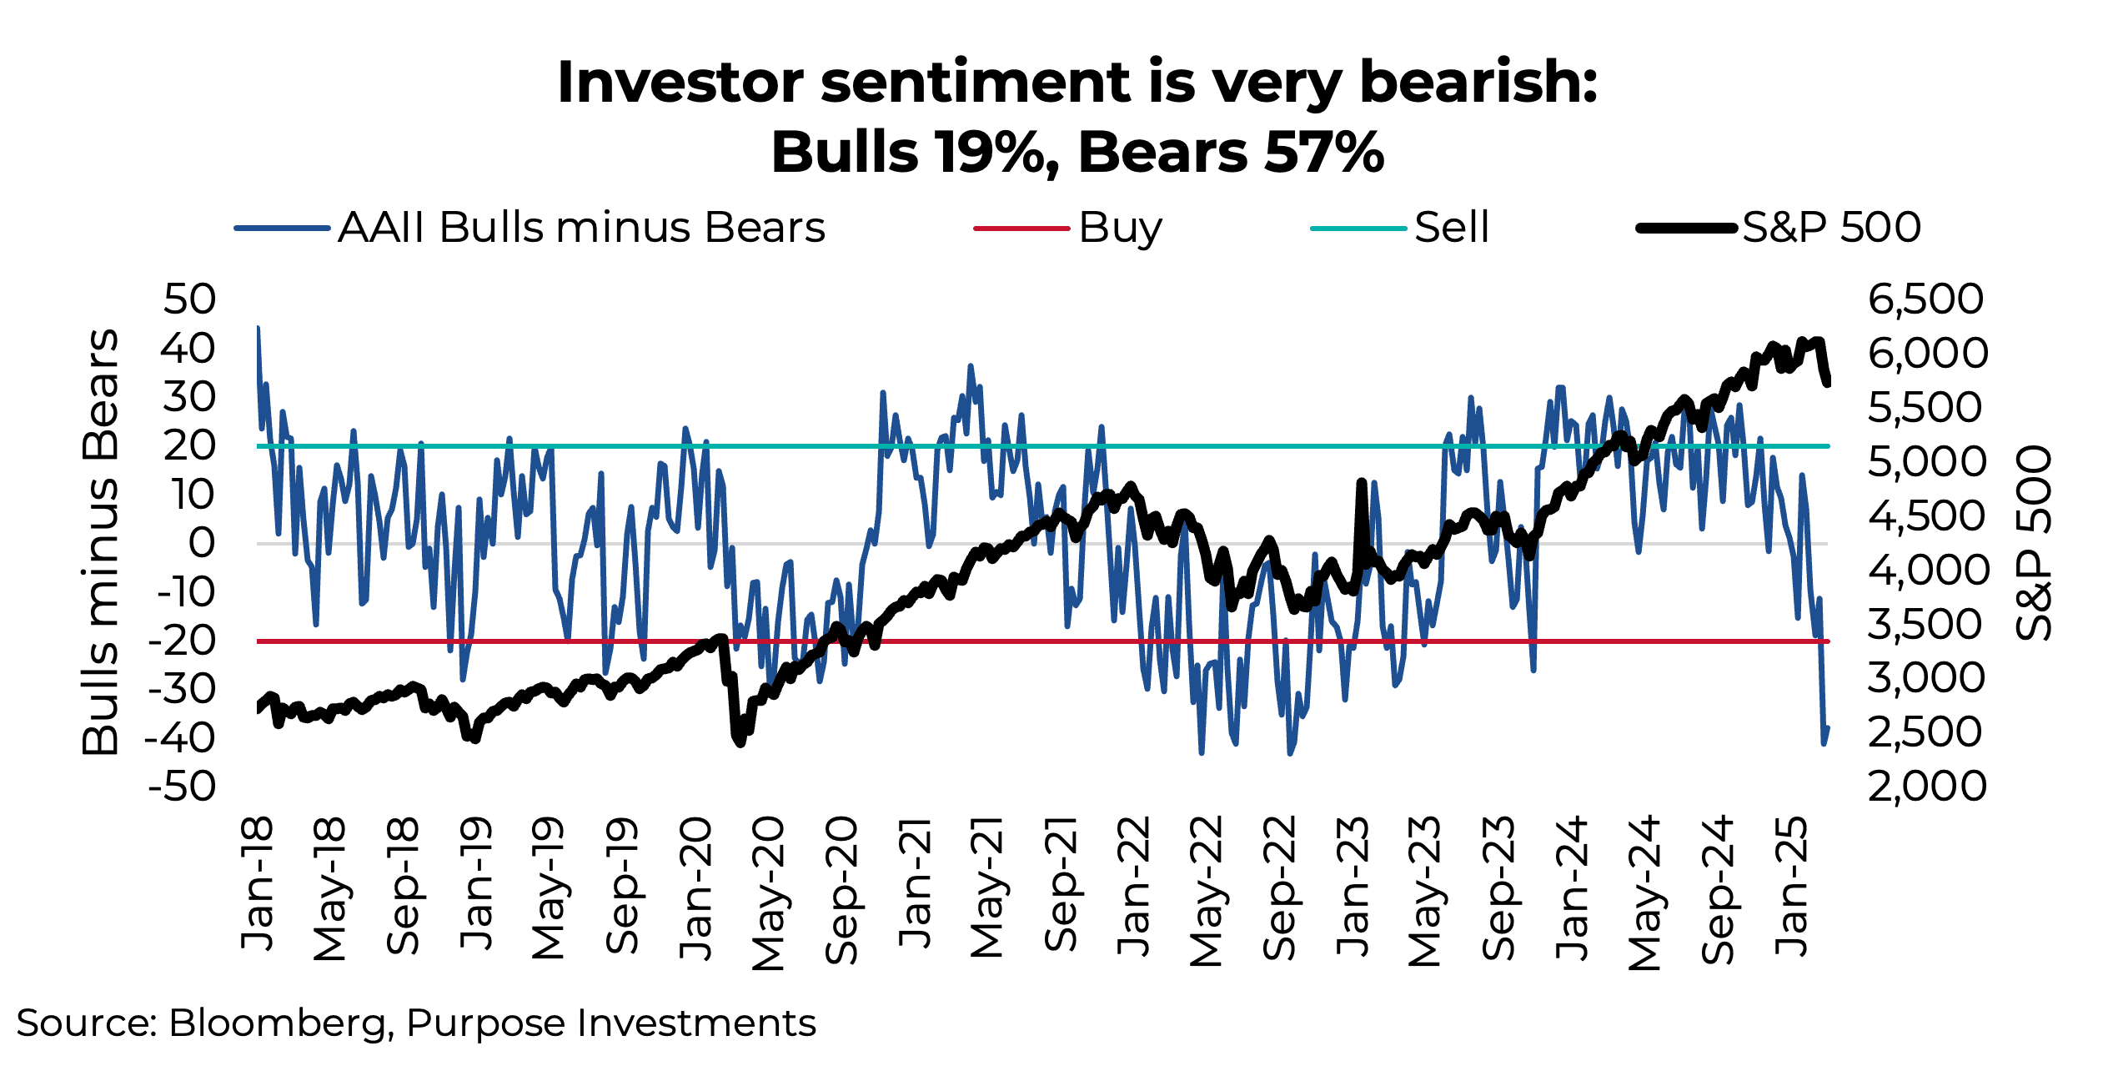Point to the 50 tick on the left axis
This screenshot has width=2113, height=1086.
[x=190, y=299]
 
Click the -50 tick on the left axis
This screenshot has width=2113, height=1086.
[x=182, y=787]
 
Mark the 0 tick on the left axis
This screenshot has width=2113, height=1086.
[x=202, y=544]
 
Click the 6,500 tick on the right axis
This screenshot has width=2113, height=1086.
[x=1925, y=299]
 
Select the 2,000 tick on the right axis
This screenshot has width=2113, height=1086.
[x=1926, y=787]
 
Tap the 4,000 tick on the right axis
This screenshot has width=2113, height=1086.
[x=1927, y=571]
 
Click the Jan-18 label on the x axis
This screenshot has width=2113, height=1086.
[x=258, y=884]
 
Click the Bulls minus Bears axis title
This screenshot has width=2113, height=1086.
[x=101, y=542]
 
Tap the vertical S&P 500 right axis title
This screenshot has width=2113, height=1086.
[x=2033, y=542]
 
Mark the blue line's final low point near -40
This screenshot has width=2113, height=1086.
[x=1824, y=742]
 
